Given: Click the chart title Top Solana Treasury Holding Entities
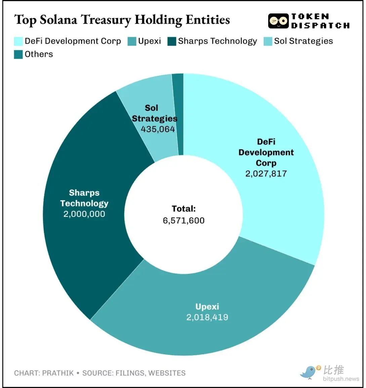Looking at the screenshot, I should click(x=122, y=20).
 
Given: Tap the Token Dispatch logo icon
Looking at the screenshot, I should click(x=278, y=21).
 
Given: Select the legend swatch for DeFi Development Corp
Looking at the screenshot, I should click(x=18, y=41).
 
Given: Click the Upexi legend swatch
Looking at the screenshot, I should click(x=132, y=41).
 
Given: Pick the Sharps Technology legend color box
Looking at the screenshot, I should click(x=172, y=41).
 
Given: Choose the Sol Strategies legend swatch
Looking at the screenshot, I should click(x=268, y=41).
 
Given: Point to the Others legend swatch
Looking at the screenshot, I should click(x=18, y=54).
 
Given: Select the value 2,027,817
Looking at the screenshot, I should click(x=266, y=174).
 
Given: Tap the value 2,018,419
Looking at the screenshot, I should click(x=207, y=317).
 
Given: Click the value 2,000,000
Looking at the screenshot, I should click(x=84, y=214).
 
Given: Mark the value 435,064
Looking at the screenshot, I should click(x=158, y=129).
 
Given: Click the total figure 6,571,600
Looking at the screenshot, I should click(x=184, y=221).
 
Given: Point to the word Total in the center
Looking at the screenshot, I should click(x=184, y=209).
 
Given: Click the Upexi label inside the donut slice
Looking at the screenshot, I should click(x=207, y=307).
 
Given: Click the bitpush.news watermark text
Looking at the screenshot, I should click(x=341, y=379).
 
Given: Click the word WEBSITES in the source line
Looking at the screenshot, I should click(x=167, y=373).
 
